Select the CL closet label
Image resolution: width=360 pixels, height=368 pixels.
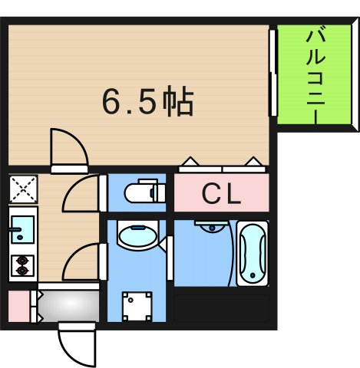(221, 194)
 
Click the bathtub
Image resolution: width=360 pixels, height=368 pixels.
(252, 252)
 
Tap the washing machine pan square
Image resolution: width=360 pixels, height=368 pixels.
(138, 307)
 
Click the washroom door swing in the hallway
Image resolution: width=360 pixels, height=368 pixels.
(83, 261)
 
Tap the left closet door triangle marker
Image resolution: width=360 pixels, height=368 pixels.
(189, 162)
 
